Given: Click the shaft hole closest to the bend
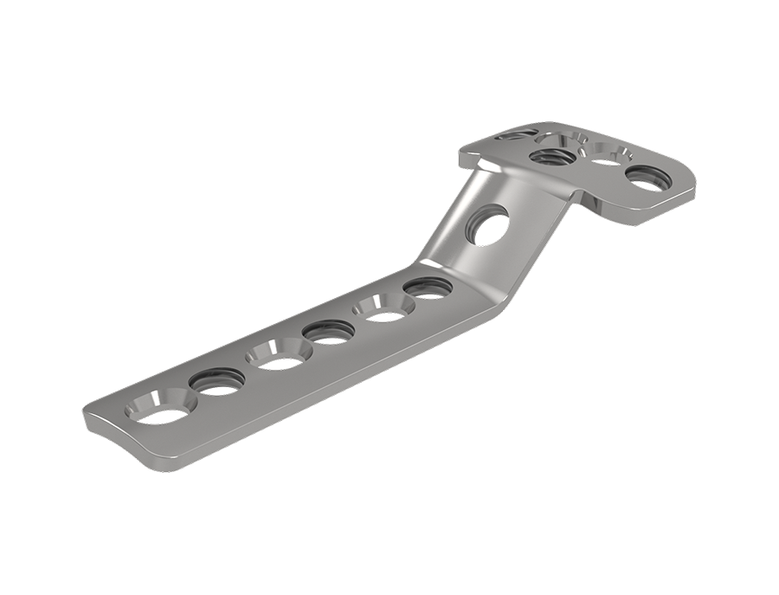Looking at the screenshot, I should [428, 287].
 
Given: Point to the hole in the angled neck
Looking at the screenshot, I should [487, 225].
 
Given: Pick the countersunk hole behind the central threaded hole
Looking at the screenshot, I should [572, 139].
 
